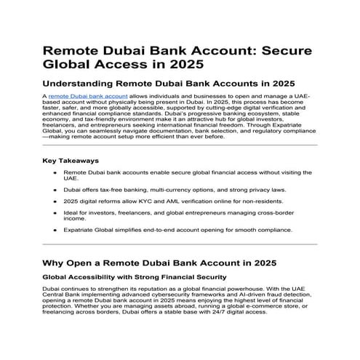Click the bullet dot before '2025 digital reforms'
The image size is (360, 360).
point(56,200)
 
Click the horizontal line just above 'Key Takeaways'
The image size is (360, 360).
point(180,145)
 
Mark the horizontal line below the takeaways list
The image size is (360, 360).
point(180,244)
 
